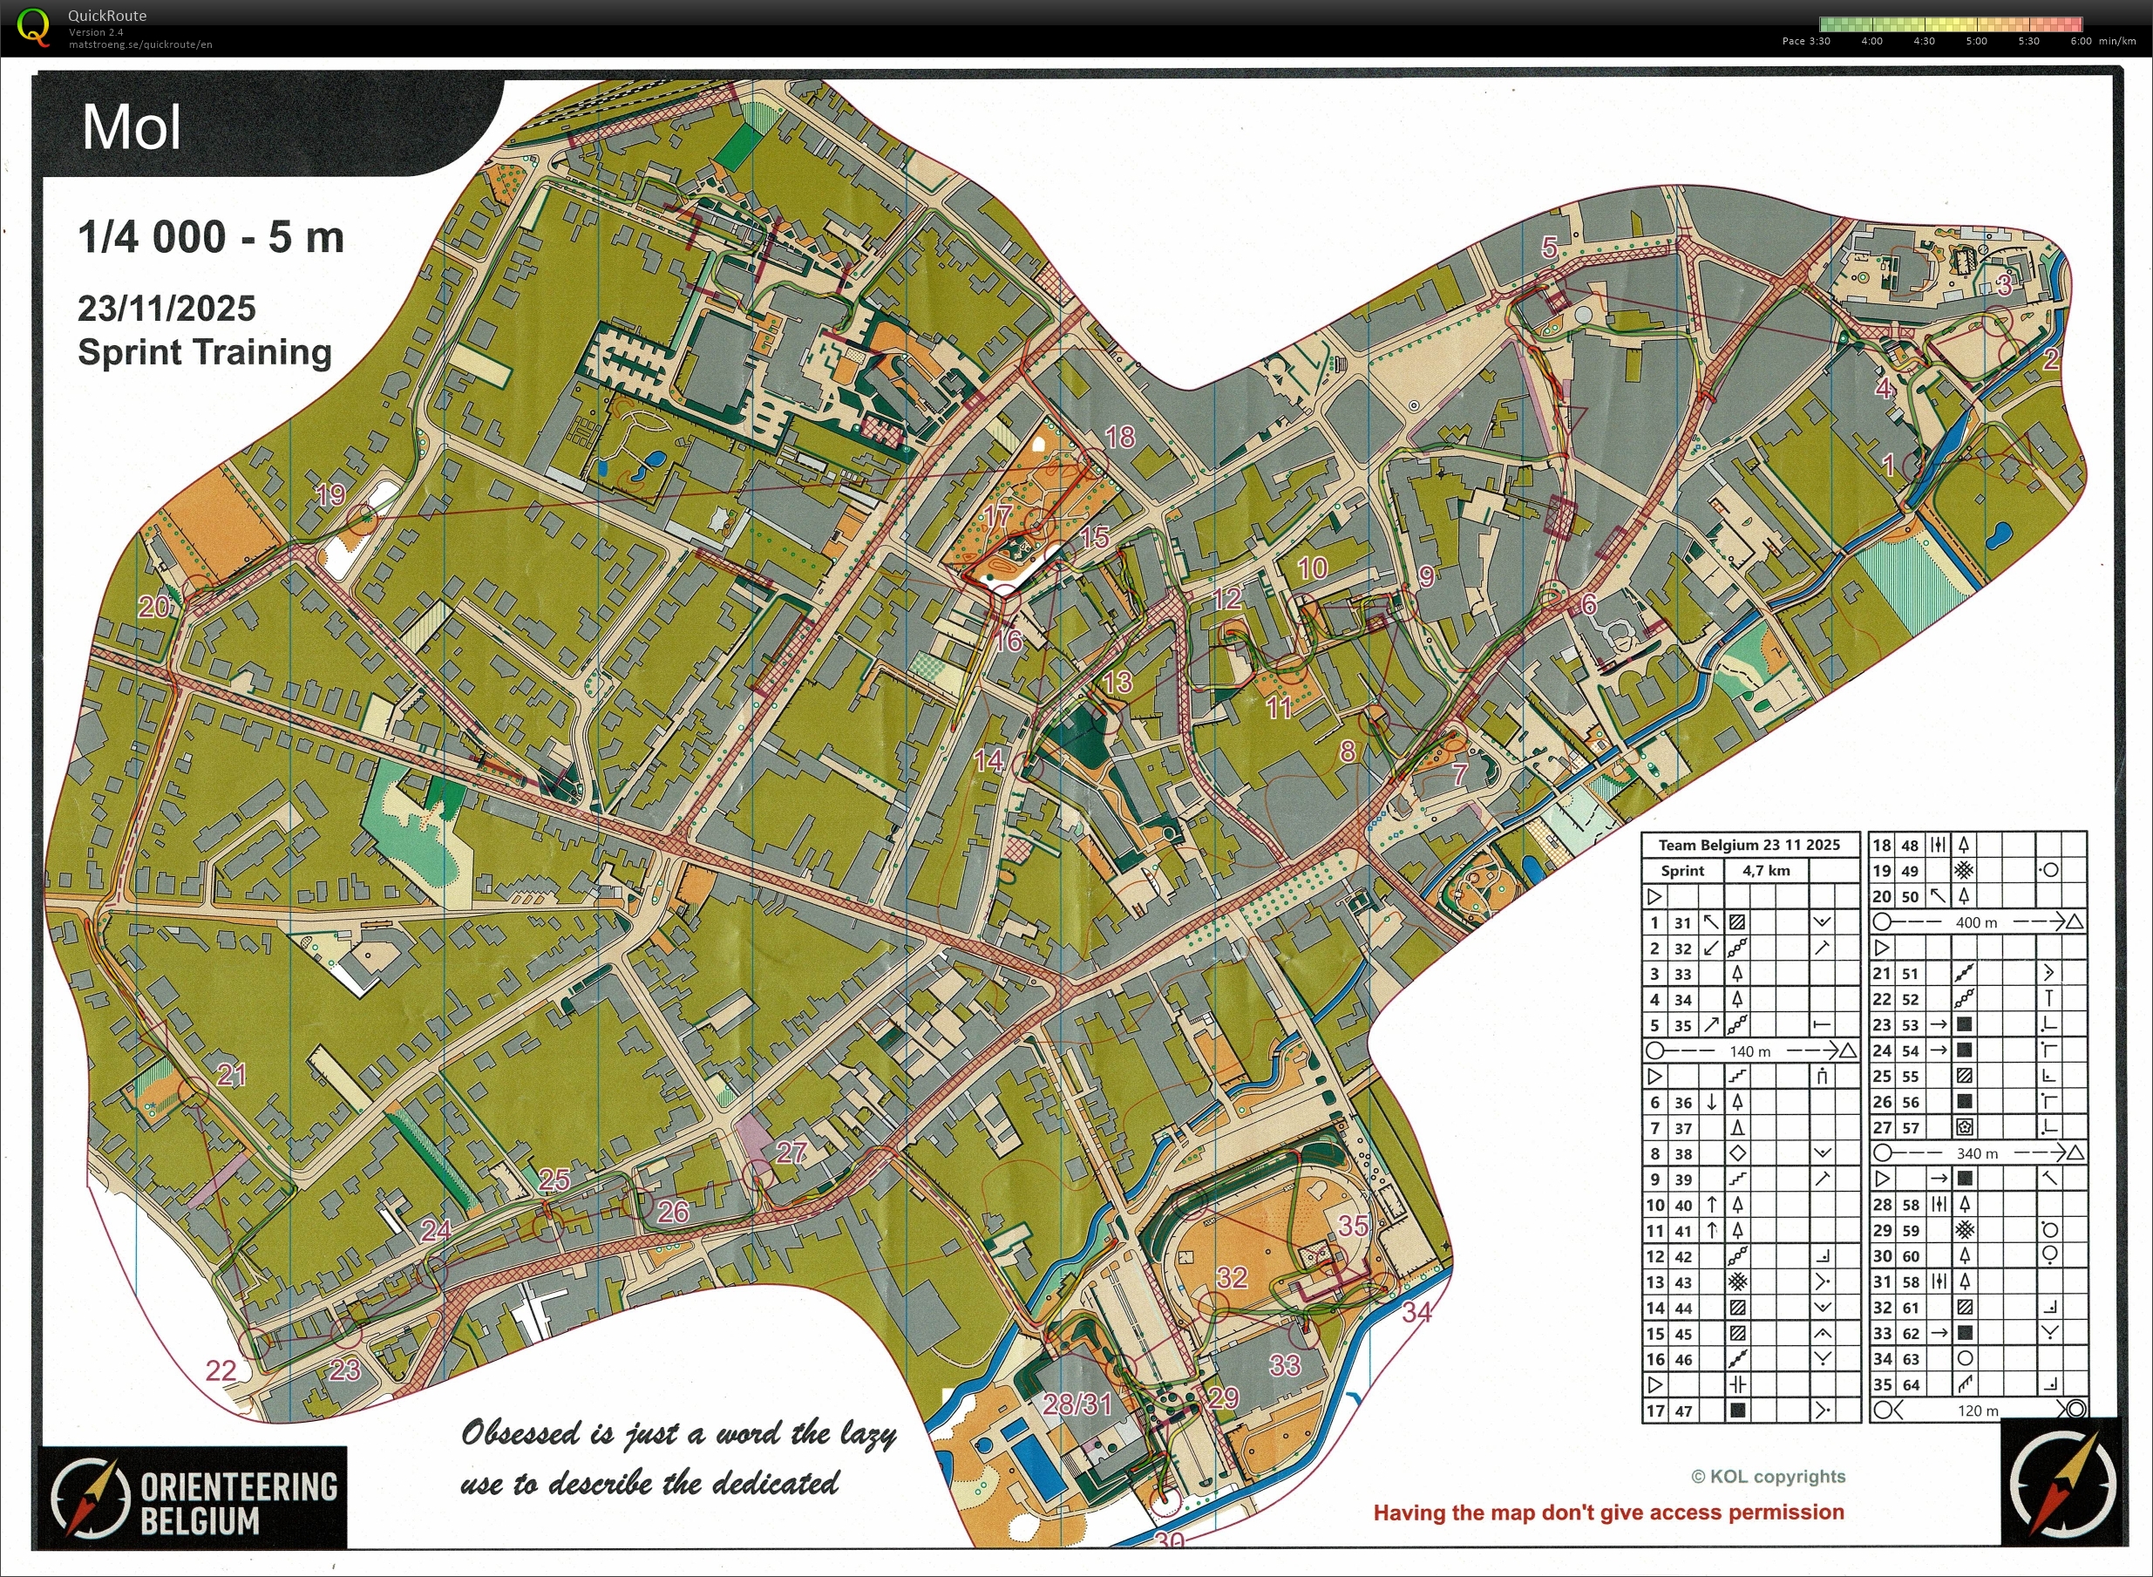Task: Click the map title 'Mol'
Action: (131, 127)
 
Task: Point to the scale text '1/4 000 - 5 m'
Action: (210, 237)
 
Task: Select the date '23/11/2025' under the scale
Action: (166, 309)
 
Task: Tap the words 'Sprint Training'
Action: (204, 351)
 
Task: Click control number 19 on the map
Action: (330, 494)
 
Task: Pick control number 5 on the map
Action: (1549, 248)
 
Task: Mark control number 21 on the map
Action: (232, 1075)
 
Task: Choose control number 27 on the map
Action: (791, 1152)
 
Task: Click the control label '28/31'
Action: (1077, 1404)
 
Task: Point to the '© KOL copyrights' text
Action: (1768, 1477)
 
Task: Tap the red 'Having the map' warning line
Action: (1608, 1512)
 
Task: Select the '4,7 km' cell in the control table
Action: (1765, 871)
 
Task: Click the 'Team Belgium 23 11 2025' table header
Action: (1749, 845)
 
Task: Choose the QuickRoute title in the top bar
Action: (107, 16)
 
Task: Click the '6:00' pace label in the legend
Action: (2081, 41)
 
